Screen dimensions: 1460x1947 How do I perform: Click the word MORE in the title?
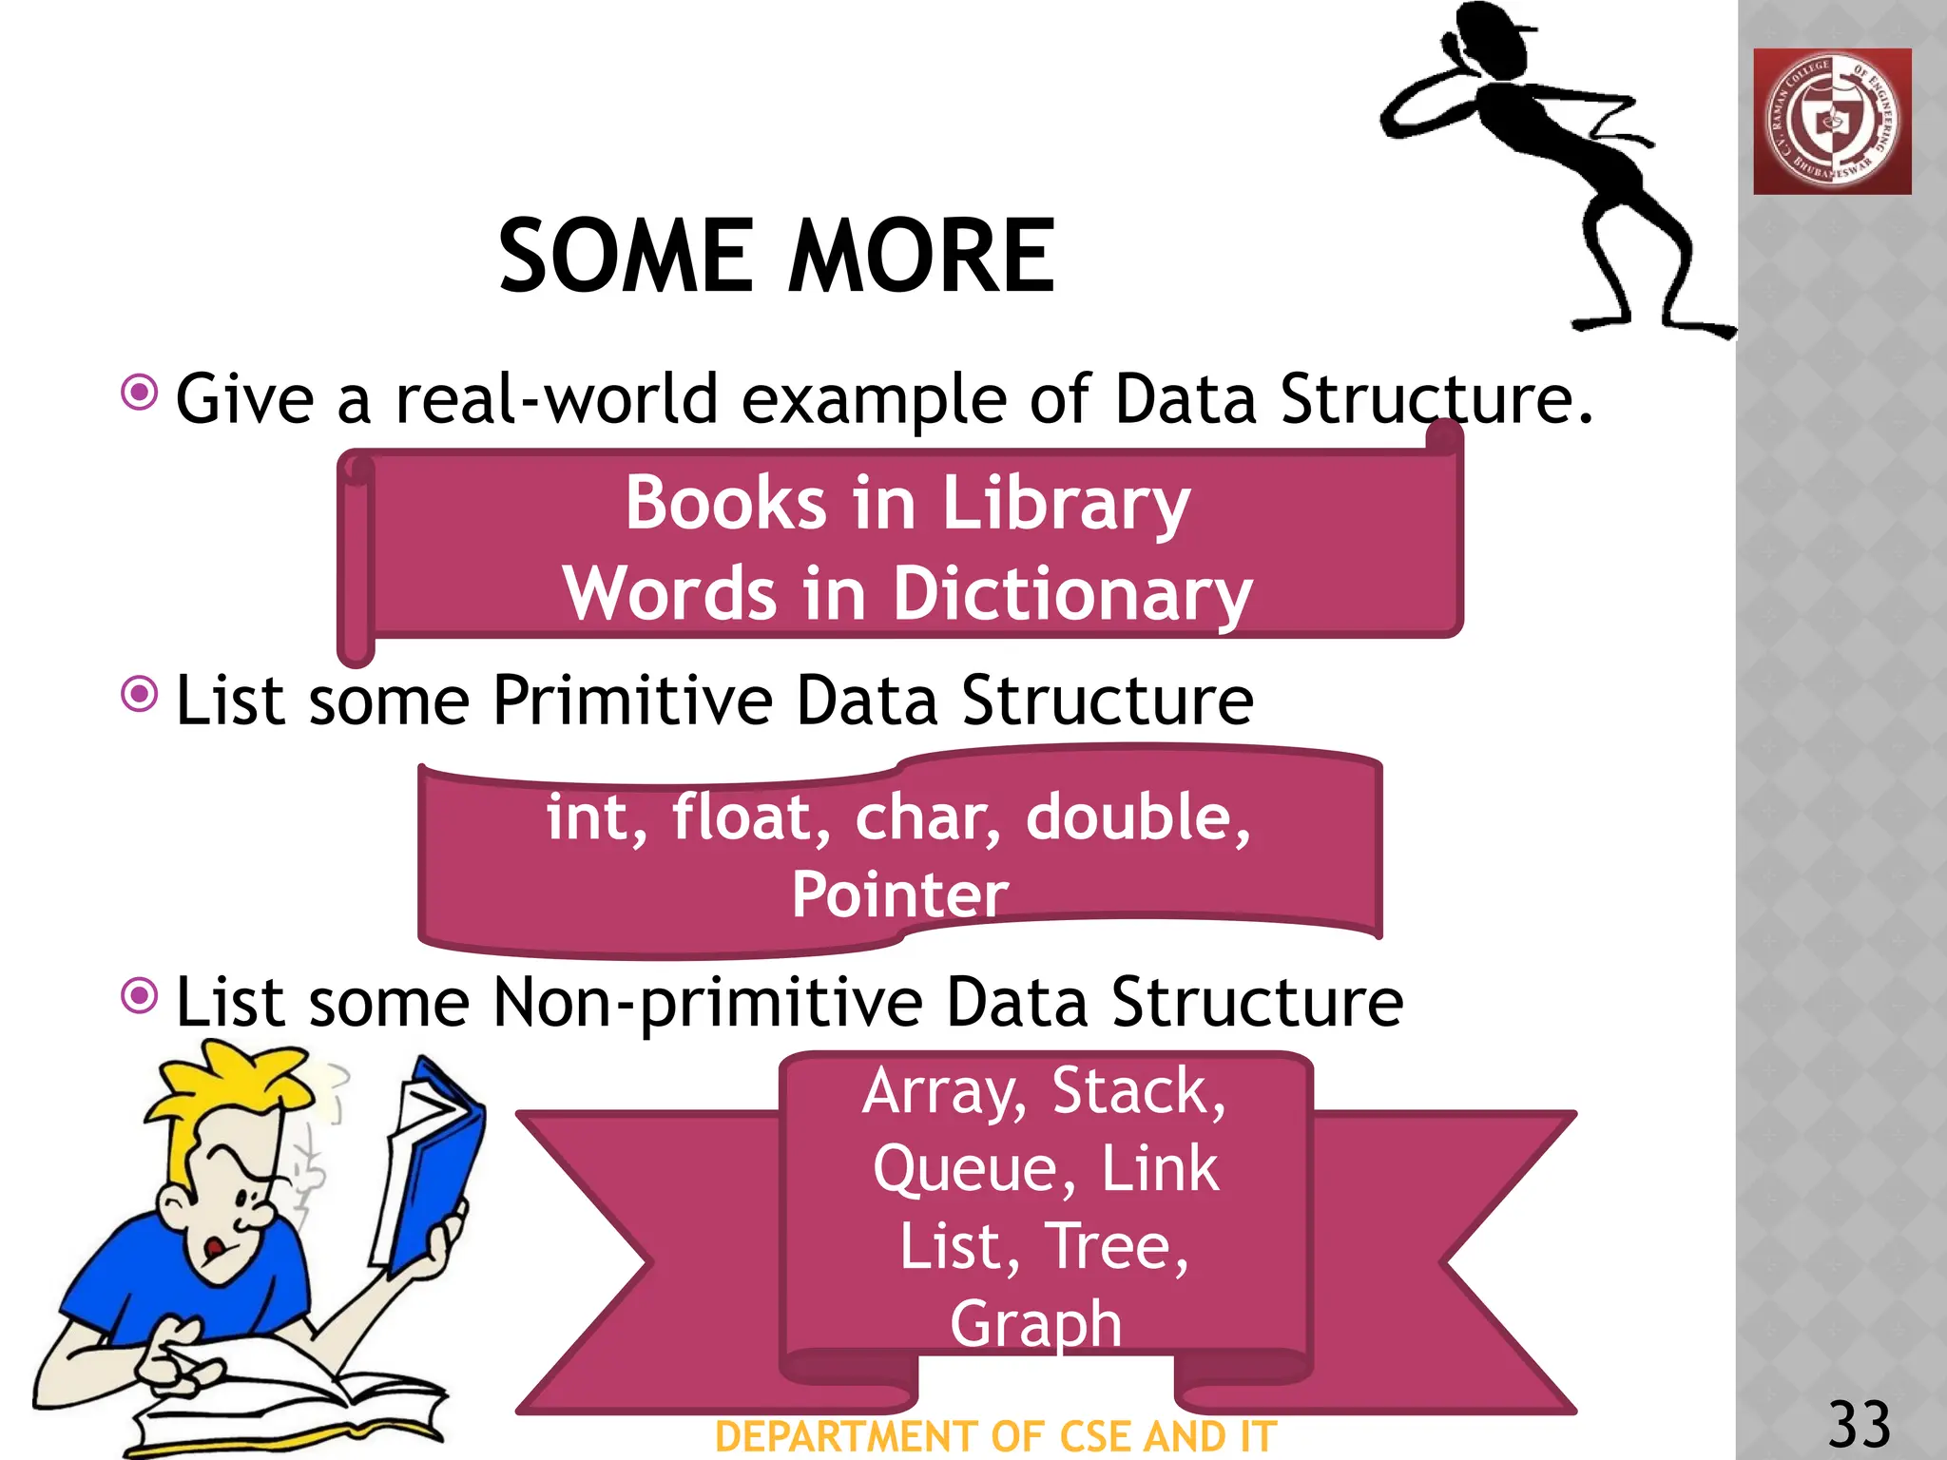(x=921, y=256)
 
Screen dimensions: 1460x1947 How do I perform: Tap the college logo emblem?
(x=1832, y=122)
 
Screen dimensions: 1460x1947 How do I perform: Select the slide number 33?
(x=1859, y=1424)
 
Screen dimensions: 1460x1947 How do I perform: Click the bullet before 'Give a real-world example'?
(x=140, y=392)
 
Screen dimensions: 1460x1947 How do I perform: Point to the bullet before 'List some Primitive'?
(x=140, y=694)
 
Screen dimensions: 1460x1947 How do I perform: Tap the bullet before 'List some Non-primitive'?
(x=140, y=996)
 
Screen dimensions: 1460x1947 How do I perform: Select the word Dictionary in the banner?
(x=1071, y=594)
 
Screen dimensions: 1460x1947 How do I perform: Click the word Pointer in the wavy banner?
(x=899, y=894)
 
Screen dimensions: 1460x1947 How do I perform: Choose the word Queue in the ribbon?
(x=974, y=1168)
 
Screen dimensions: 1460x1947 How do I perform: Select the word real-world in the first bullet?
(x=556, y=399)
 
